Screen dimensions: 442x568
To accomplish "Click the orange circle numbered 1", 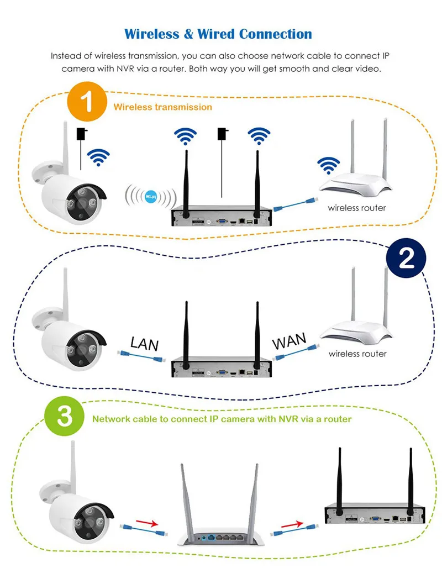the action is pos(87,102).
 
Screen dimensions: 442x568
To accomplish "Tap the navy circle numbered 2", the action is pos(406,258).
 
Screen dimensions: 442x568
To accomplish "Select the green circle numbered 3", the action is pos(65,416).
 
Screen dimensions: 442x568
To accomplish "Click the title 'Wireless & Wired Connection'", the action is pos(218,34).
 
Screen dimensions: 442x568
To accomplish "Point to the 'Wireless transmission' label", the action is pos(162,107).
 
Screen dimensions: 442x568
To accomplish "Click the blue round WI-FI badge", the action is pos(151,197).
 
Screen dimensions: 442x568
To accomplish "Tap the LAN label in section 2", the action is pos(144,344).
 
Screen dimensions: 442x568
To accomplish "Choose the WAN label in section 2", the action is pos(289,341).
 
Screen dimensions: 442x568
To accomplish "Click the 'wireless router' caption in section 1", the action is pos(357,208).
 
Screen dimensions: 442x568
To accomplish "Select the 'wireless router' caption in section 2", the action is pos(357,354).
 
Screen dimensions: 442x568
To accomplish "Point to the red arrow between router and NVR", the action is pos(292,524).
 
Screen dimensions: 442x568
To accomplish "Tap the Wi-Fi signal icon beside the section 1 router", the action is pos(328,166).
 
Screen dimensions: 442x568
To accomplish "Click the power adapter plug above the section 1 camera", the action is pos(82,134).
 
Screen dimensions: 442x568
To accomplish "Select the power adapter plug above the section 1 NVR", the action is pos(223,134).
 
